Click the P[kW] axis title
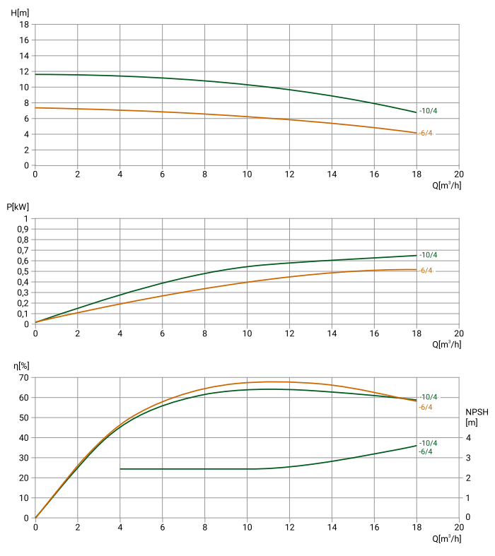(18, 207)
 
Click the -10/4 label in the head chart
(428, 111)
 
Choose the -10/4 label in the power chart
(428, 255)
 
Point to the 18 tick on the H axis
(24, 24)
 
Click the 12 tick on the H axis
(24, 71)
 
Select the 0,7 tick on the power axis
(22, 250)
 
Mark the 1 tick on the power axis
(26, 218)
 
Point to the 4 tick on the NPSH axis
(467, 438)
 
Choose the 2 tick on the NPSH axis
(467, 478)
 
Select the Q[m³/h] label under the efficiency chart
(447, 539)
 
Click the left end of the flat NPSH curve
(120, 468)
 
